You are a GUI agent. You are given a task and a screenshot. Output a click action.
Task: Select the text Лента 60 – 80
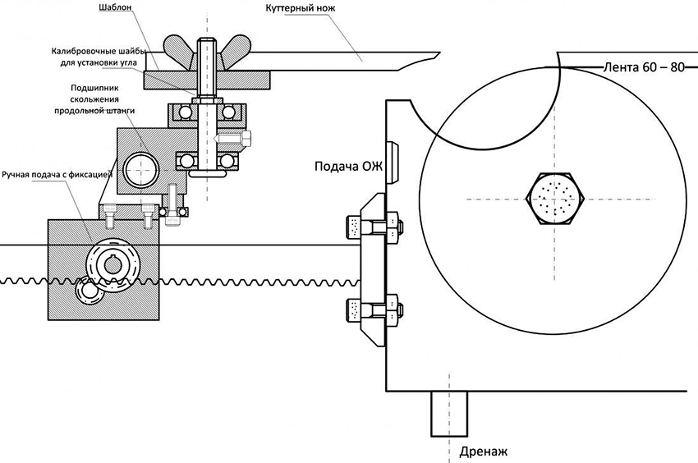click(x=643, y=66)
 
